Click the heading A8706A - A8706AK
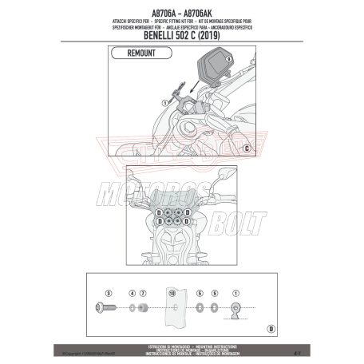[x=182, y=6]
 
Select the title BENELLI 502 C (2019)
[x=182, y=36]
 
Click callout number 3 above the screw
[x=108, y=294]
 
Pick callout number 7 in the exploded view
[x=144, y=294]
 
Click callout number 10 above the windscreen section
[x=172, y=294]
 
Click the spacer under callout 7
[x=144, y=307]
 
